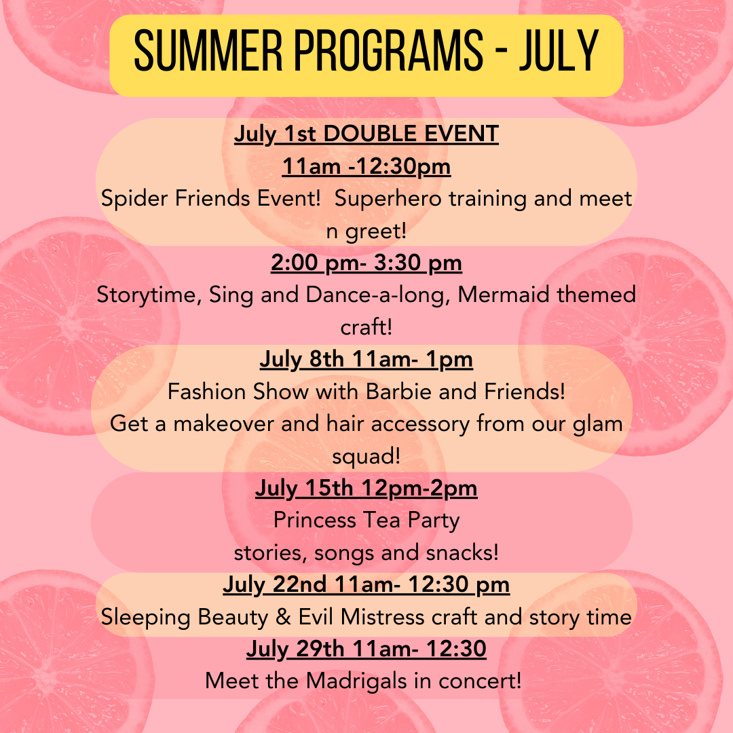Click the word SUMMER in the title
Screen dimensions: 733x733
click(x=208, y=50)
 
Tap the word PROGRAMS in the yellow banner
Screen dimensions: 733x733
click(x=389, y=50)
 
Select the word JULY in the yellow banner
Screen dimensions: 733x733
click(x=559, y=50)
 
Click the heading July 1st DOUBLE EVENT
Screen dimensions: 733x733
click(x=366, y=134)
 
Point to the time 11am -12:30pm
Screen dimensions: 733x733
click(x=366, y=166)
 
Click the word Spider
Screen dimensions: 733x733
click(x=134, y=199)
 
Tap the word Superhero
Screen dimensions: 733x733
click(x=388, y=199)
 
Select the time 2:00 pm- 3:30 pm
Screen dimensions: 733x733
click(x=366, y=263)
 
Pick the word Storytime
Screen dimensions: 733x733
click(x=149, y=295)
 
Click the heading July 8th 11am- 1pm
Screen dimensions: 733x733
click(x=366, y=360)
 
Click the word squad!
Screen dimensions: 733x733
click(x=366, y=457)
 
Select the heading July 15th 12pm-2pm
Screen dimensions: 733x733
click(x=366, y=489)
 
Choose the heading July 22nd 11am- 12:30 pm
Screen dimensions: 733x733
click(x=366, y=585)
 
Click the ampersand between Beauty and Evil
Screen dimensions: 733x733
click(x=283, y=617)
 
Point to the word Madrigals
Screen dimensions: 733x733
click(x=356, y=681)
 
